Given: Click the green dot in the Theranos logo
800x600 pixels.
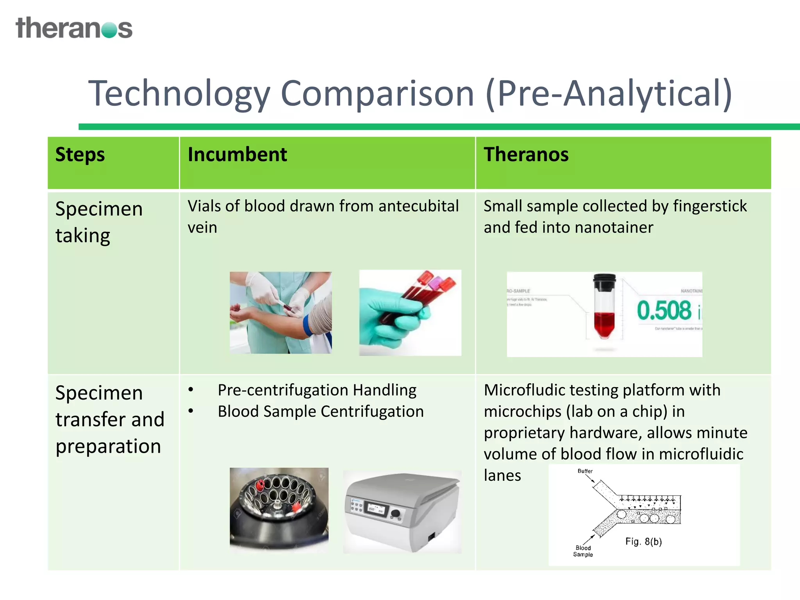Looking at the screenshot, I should (109, 30).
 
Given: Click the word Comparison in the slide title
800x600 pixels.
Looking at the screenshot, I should (377, 94).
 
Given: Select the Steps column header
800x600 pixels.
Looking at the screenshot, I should (80, 155).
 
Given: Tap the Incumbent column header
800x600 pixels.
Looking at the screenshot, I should (237, 155).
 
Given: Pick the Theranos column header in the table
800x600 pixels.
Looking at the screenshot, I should (526, 155).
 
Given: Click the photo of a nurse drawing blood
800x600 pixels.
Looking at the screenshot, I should (280, 312).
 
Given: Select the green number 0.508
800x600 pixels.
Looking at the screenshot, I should (664, 311).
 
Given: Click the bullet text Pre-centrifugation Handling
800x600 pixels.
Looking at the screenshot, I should (317, 390).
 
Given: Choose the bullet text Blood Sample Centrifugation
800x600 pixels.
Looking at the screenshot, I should (320, 412).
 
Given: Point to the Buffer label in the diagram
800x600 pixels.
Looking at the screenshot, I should (585, 471).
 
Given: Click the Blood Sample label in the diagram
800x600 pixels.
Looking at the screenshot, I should (583, 551).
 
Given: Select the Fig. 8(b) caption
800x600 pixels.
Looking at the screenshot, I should (643, 542).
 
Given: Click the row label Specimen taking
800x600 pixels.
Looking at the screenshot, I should (99, 222).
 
